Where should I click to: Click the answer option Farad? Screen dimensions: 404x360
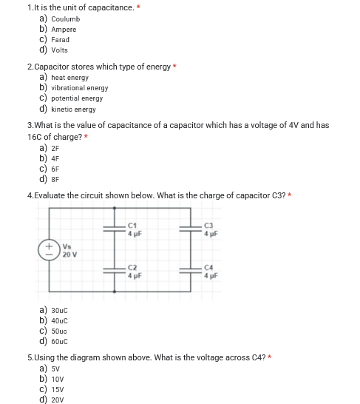60,40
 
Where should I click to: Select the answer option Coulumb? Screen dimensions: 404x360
65,18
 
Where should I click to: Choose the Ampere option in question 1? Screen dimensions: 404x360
64,30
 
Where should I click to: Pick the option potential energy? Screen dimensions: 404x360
77,98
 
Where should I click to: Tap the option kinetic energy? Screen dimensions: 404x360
73,109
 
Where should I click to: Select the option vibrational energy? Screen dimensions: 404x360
79,88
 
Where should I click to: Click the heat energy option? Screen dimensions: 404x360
69,77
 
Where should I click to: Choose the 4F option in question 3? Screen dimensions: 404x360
54,157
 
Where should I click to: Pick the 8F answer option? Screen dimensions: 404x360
54,178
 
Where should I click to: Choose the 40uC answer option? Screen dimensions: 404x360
60,321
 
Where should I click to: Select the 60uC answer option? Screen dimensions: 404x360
60,341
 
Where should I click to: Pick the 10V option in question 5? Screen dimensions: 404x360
58,379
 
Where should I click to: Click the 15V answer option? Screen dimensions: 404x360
58,389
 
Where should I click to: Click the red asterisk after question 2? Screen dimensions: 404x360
175,67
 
